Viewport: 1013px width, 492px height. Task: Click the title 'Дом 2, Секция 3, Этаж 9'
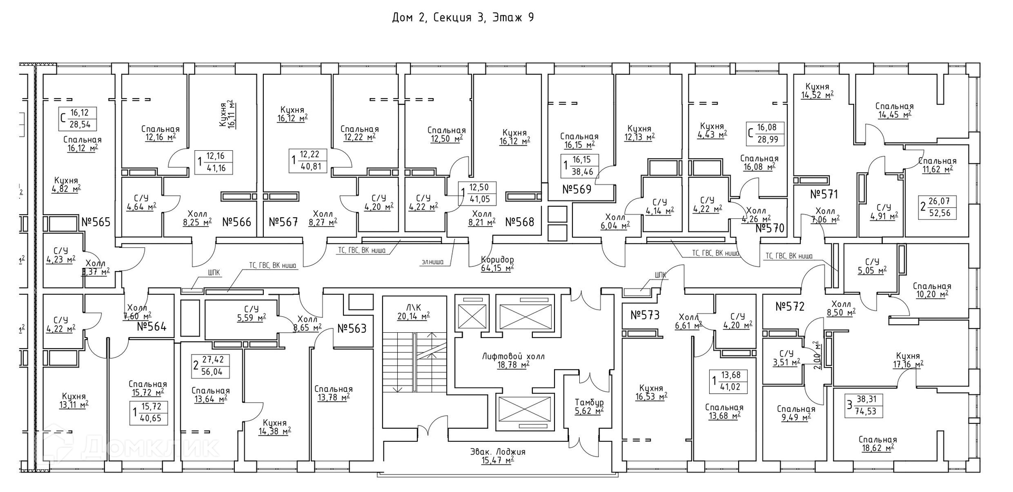pos(463,17)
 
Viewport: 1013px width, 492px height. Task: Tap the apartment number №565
pos(96,222)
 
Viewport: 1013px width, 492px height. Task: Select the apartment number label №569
pos(577,189)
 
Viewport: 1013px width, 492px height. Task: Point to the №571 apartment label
pos(824,195)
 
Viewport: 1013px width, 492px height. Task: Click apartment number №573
pos(645,315)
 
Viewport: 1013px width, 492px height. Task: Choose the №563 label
pos(351,329)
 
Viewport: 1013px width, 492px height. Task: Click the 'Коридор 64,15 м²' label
pos(497,264)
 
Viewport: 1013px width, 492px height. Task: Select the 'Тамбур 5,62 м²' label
pos(589,406)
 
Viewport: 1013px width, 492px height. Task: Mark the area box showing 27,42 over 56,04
pos(211,365)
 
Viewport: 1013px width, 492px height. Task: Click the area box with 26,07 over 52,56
pos(938,207)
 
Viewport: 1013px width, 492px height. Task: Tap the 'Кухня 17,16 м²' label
pos(907,360)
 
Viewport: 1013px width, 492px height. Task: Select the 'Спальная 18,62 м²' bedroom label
pos(877,443)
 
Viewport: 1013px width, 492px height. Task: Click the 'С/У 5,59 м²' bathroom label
pos(251,313)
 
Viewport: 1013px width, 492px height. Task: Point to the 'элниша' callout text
pos(433,262)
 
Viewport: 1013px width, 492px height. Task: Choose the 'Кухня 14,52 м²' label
pos(817,91)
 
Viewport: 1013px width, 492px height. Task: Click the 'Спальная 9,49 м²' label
pos(796,413)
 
